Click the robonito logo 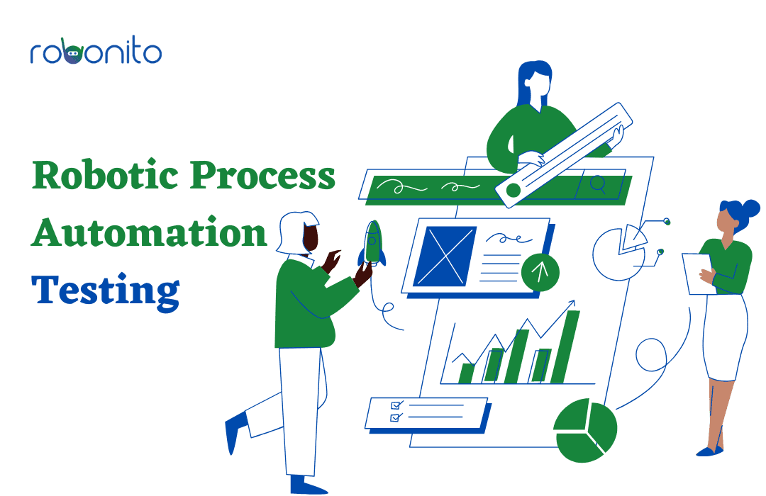[96, 51]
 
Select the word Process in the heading [262, 175]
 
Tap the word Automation [149, 232]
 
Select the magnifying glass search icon [598, 185]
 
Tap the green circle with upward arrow [540, 272]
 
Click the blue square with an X [445, 257]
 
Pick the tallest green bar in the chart [566, 346]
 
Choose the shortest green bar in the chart [466, 373]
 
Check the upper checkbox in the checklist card [396, 405]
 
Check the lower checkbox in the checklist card [396, 417]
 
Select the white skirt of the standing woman [726, 337]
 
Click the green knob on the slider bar [513, 191]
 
